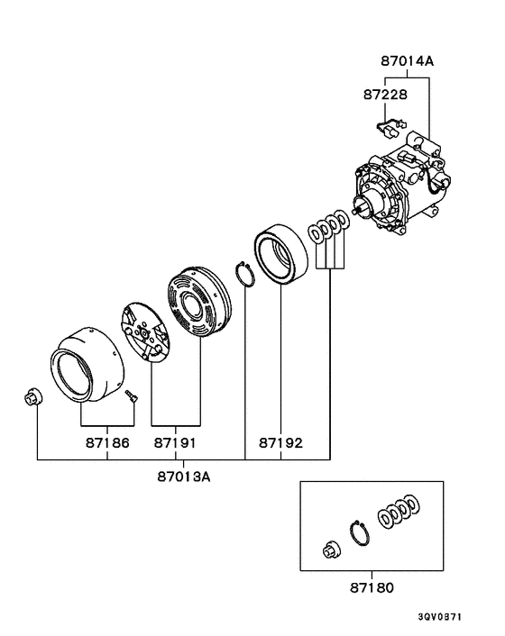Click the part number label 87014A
coord(407,61)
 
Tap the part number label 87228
coord(385,95)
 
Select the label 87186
coord(107,443)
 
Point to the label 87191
coord(175,443)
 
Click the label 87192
coord(281,443)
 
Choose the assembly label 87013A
coord(184,477)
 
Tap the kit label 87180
coord(372,587)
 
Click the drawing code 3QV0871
coord(440,617)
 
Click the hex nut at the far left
coord(33,396)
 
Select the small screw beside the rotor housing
coord(131,395)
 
